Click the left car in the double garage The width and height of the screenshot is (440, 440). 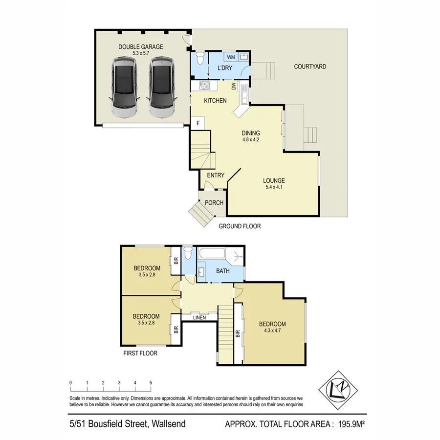123,87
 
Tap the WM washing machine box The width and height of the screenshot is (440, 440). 231,58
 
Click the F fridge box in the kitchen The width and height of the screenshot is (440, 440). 198,123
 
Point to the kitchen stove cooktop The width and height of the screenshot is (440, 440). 205,86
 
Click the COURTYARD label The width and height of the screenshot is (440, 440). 310,66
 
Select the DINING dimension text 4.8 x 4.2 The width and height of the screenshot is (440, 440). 250,140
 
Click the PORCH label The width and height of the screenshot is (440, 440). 214,203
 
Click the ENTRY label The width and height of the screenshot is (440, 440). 216,176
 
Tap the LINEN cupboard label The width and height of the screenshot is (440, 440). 198,318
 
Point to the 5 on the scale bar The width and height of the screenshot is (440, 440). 151,382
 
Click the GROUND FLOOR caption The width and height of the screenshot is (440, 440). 239,226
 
